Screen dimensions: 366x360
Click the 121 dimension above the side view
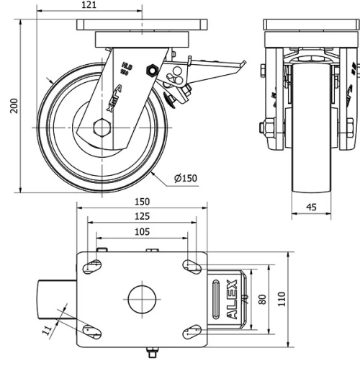pyautogui.click(x=89, y=6)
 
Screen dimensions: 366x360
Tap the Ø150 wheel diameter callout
pyautogui.click(x=185, y=178)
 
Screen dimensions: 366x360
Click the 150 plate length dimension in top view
pyautogui.click(x=142, y=202)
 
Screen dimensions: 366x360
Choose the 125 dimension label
pyautogui.click(x=142, y=216)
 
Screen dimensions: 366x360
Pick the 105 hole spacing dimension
pyautogui.click(x=142, y=231)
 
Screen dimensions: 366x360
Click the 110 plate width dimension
pyautogui.click(x=282, y=298)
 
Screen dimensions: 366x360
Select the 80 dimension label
pyautogui.click(x=263, y=298)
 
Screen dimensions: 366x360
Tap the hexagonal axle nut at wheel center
pyautogui.click(x=101, y=130)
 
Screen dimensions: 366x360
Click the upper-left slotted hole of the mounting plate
pyautogui.click(x=93, y=266)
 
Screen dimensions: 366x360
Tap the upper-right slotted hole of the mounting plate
pyautogui.click(x=192, y=266)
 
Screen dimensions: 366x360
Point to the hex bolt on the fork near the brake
pyautogui.click(x=152, y=70)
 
